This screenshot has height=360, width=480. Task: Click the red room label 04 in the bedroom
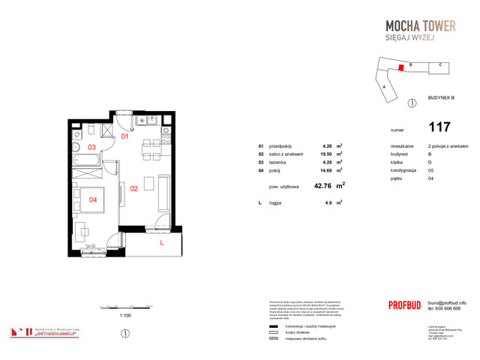coord(93,199)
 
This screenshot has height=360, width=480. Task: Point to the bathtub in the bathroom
coord(90,161)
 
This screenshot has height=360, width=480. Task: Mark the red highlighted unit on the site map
coord(401,67)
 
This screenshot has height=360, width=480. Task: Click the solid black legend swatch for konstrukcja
coord(272,326)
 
